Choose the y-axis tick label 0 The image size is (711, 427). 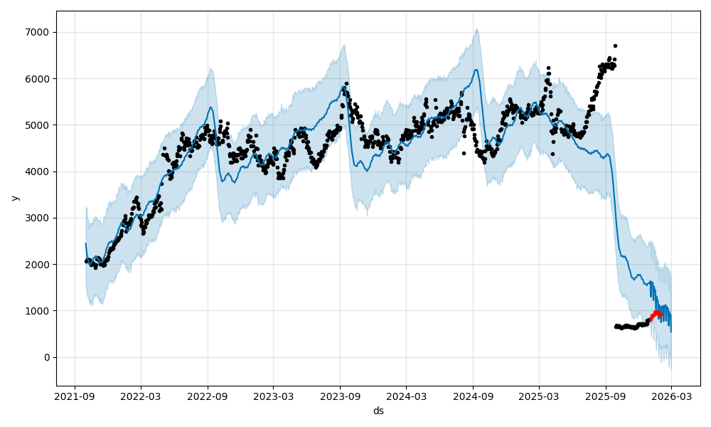[46, 357]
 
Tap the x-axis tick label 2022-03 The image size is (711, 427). [141, 396]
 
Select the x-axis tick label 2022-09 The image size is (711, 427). [208, 396]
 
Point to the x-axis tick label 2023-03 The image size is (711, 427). [274, 396]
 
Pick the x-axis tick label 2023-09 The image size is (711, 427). [340, 396]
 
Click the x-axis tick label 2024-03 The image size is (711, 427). [406, 396]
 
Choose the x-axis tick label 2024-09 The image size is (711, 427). [473, 396]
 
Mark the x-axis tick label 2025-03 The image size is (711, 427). [538, 396]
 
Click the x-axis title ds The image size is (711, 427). [378, 411]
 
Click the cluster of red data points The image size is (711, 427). [656, 314]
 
